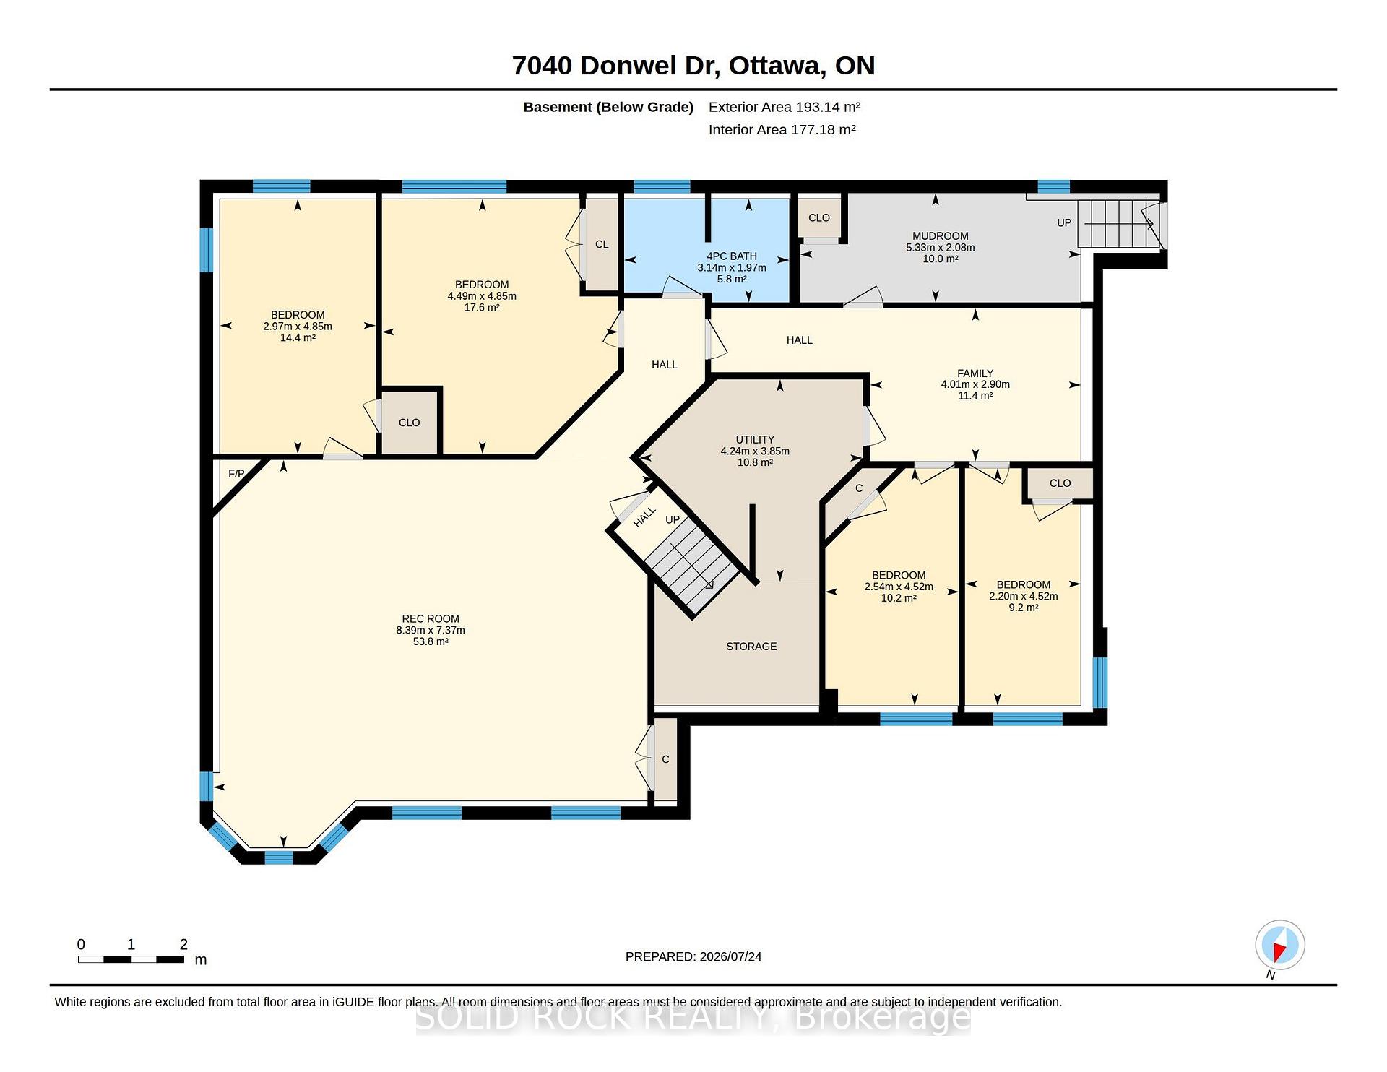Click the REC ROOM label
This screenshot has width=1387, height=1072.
coord(431,618)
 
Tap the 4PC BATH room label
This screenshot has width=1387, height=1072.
coord(732,256)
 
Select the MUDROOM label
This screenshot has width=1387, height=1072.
coord(941,235)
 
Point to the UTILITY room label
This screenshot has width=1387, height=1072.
coord(755,439)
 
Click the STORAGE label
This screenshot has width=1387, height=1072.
coord(751,647)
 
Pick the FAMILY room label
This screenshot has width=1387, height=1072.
coord(975,373)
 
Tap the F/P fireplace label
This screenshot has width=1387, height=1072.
coord(236,474)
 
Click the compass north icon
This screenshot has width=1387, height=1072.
coord(1280,945)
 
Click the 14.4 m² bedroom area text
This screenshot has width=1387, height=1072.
coord(298,337)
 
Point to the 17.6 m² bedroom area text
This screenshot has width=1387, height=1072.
coord(482,307)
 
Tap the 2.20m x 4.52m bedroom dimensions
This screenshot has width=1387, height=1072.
coord(1024,596)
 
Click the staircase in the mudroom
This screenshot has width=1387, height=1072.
coord(1120,223)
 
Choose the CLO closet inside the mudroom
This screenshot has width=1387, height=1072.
coord(819,217)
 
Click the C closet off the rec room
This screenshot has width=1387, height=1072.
coord(665,759)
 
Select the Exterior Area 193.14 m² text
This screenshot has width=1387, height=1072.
coord(785,107)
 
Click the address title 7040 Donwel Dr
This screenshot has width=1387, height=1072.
coord(614,65)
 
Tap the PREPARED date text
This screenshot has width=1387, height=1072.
coord(693,956)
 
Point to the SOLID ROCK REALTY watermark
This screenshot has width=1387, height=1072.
coord(693,1017)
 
